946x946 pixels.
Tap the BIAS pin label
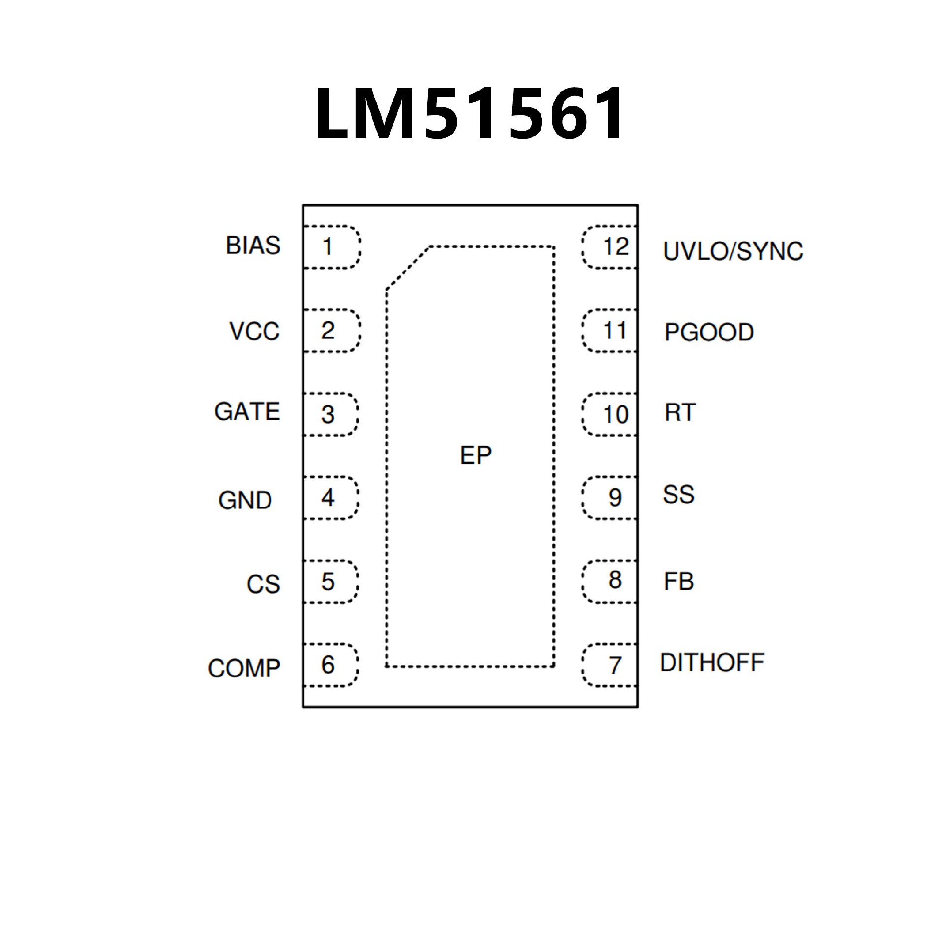click(x=253, y=245)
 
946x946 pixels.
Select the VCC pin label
click(x=254, y=331)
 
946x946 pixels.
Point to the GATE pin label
click(x=247, y=411)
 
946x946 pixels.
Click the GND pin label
click(x=245, y=500)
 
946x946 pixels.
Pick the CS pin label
click(x=263, y=584)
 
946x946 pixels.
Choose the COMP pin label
click(x=244, y=668)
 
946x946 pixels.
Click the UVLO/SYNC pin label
click(x=733, y=251)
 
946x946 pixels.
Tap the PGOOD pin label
click(x=709, y=332)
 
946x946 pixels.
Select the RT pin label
click(x=680, y=412)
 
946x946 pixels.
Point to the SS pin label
click(x=678, y=495)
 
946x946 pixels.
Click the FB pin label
click(x=678, y=581)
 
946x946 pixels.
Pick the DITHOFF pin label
click(x=712, y=662)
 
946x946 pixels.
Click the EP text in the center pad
click(x=475, y=456)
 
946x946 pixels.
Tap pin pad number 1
click(x=329, y=247)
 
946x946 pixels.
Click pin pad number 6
click(x=329, y=665)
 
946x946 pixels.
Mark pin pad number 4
click(x=329, y=498)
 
